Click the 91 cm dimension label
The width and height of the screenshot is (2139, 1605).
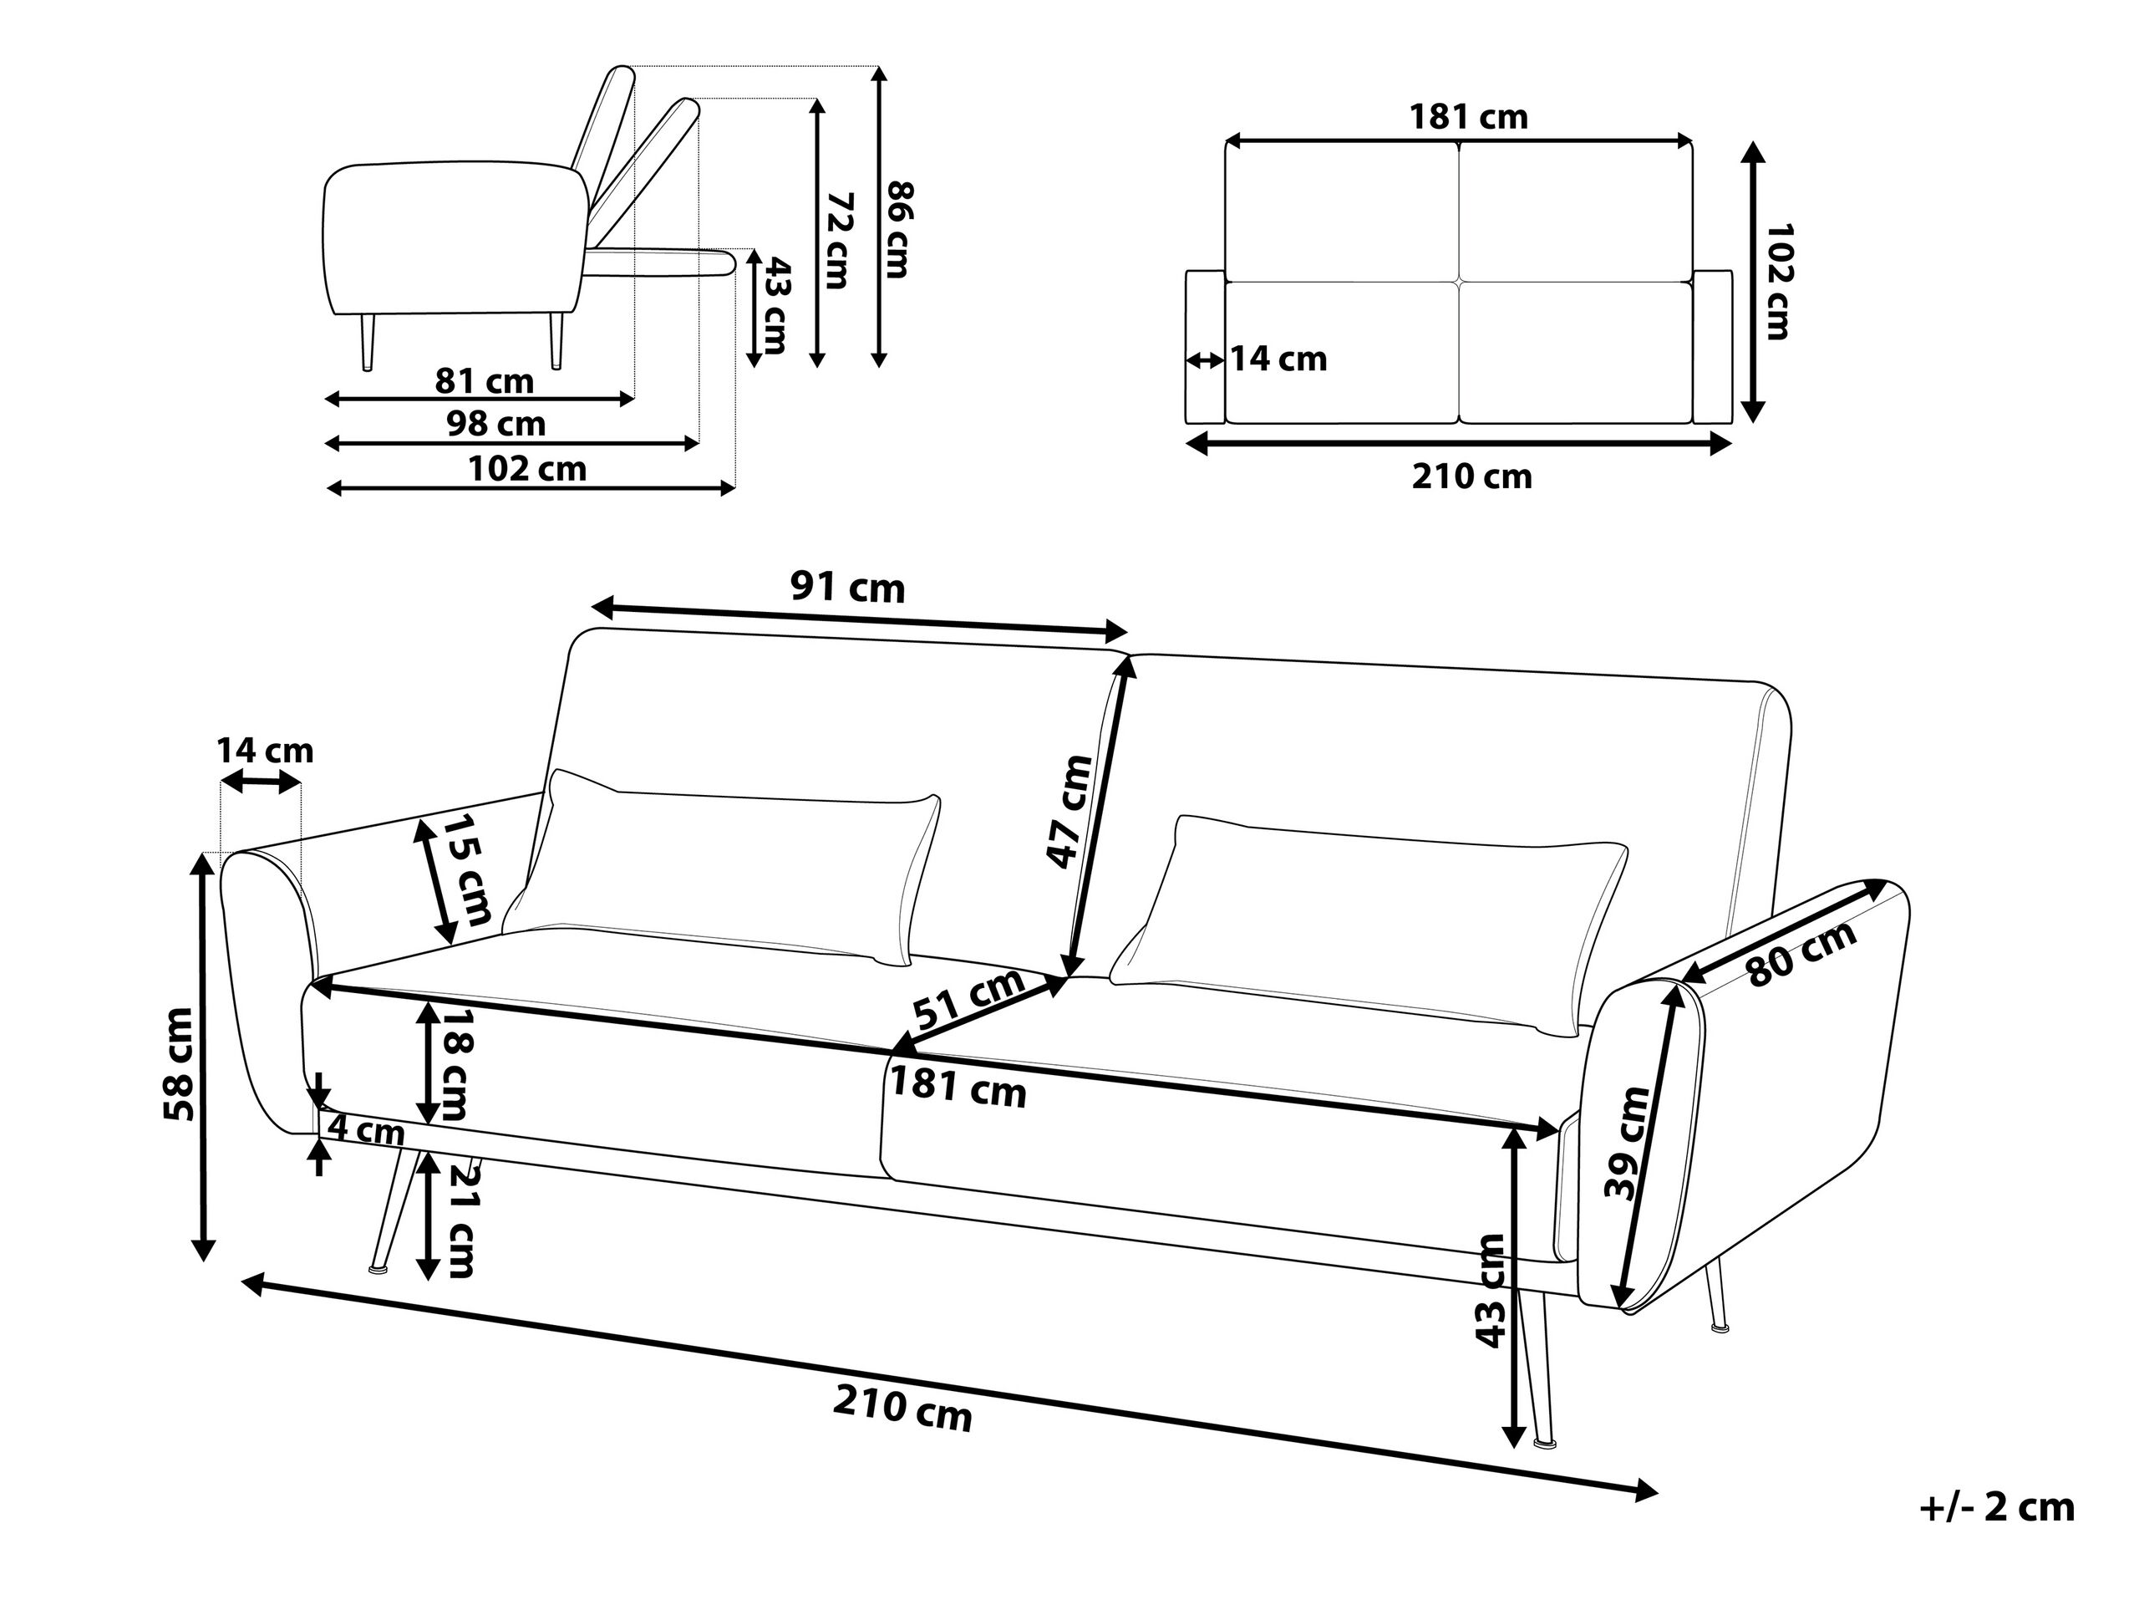click(x=847, y=587)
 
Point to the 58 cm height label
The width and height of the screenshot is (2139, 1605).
click(x=180, y=1063)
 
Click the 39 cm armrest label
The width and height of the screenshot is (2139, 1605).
click(x=1628, y=1142)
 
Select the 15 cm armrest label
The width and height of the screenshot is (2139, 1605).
click(x=467, y=869)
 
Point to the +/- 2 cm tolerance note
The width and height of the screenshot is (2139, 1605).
click(x=1997, y=1507)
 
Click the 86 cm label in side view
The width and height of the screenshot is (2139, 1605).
click(x=898, y=229)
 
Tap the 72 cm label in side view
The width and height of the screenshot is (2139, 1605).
click(x=837, y=241)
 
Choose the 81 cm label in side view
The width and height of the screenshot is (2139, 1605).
click(x=484, y=381)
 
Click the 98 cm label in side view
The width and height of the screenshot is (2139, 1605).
click(x=495, y=423)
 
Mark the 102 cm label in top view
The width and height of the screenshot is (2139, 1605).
click(x=1778, y=281)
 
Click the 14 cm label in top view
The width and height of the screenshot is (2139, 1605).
click(x=1278, y=359)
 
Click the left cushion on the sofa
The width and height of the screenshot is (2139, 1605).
click(x=721, y=868)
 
